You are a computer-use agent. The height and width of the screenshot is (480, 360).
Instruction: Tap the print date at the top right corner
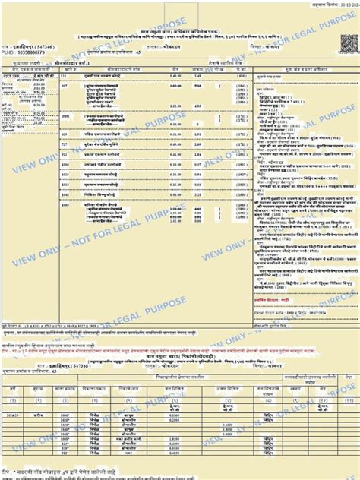334,4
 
